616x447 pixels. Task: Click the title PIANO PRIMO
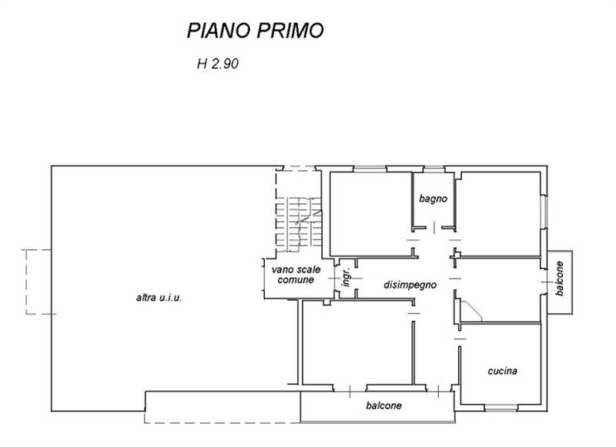[x=255, y=30]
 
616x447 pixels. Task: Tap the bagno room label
[x=434, y=198]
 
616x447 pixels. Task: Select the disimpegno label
[x=410, y=285]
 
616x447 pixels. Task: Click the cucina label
[x=502, y=371]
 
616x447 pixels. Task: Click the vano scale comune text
[x=292, y=275]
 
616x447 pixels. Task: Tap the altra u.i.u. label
[x=159, y=298]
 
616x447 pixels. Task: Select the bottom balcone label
[x=384, y=405]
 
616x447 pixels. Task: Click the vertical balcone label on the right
[x=561, y=281]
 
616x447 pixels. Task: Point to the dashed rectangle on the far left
[x=36, y=282]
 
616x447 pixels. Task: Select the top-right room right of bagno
[x=499, y=214]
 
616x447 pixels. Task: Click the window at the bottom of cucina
[x=502, y=405]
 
